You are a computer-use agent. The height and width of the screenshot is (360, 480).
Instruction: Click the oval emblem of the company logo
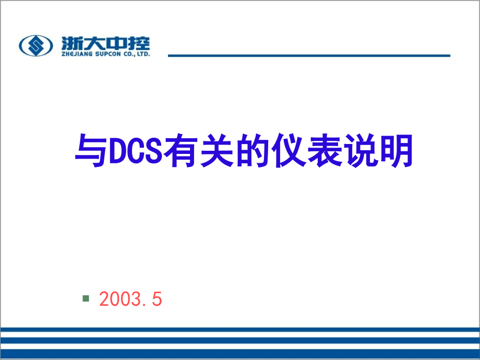(x=36, y=45)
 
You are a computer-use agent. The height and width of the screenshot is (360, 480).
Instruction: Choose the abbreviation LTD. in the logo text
(x=143, y=54)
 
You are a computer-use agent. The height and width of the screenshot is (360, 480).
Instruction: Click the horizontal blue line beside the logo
(x=309, y=55)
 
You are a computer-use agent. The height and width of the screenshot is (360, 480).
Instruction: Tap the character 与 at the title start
(x=91, y=151)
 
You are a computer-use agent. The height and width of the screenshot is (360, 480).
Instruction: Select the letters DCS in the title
(x=136, y=151)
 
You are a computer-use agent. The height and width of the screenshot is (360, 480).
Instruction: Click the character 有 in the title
(x=181, y=151)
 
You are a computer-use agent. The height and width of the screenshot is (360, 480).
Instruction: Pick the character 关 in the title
(x=217, y=151)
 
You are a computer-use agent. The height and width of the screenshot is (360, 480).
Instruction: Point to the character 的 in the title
(x=253, y=151)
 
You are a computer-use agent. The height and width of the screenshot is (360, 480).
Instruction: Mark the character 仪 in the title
(x=289, y=151)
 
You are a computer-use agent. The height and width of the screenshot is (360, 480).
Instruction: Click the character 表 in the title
(x=325, y=151)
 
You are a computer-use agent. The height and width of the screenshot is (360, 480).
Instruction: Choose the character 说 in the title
(x=361, y=151)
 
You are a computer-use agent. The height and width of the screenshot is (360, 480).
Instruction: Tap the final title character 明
(x=397, y=151)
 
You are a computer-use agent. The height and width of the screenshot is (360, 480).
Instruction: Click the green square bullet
(x=86, y=298)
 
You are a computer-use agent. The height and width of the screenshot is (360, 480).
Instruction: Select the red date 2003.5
(x=130, y=299)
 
